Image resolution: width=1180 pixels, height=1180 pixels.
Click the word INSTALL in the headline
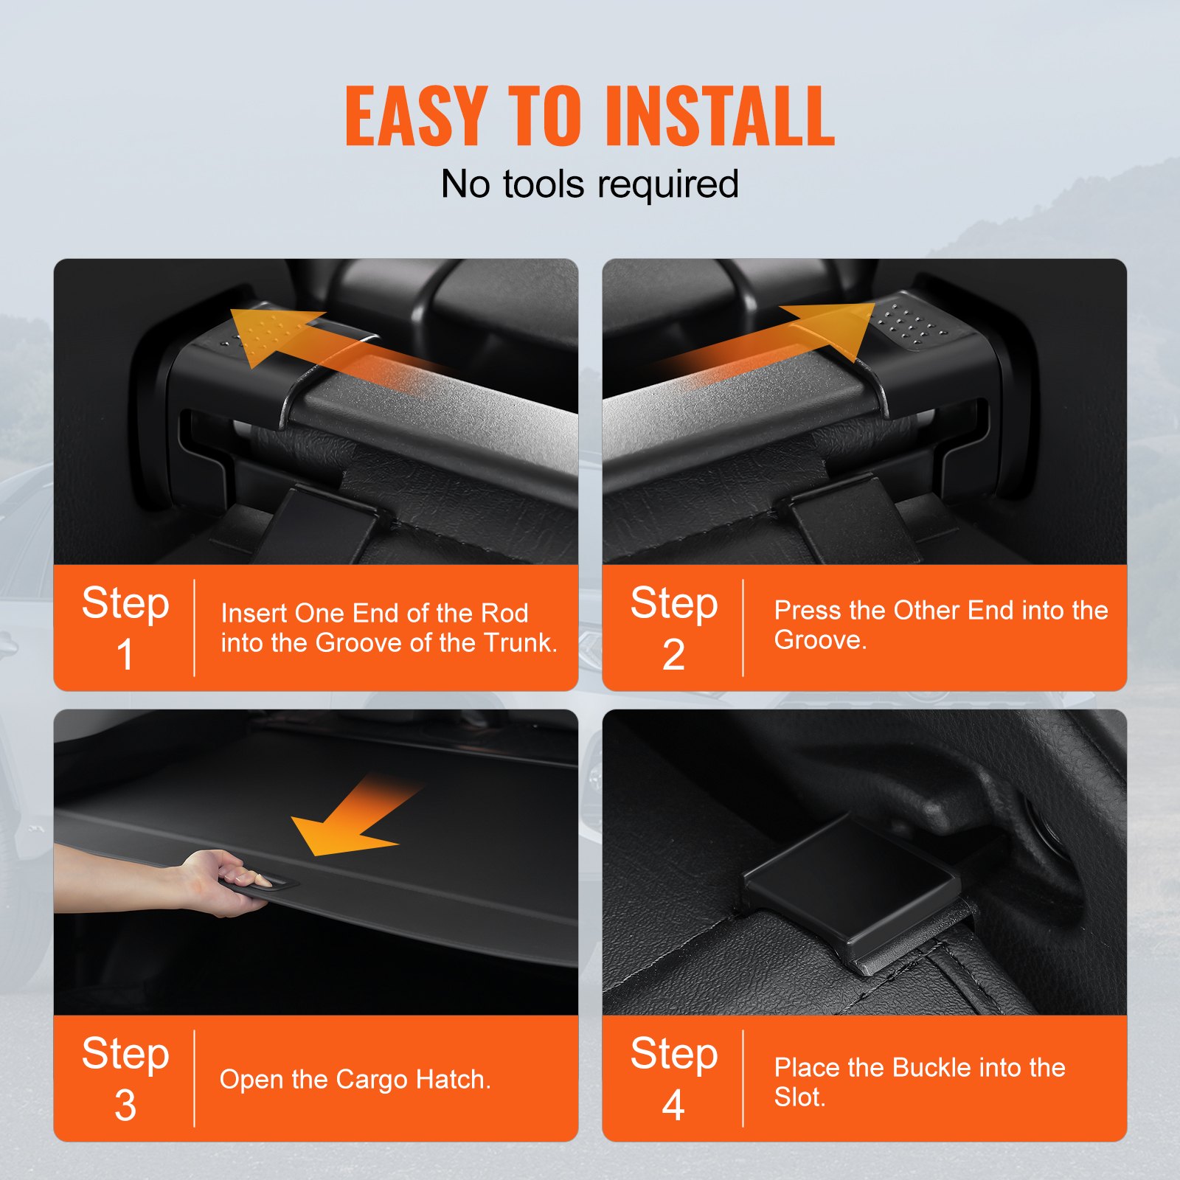click(x=719, y=117)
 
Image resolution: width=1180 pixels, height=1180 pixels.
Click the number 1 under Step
click(x=125, y=654)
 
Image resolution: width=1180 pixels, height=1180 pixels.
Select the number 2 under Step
click(x=673, y=654)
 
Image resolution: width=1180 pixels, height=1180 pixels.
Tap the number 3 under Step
click(x=125, y=1105)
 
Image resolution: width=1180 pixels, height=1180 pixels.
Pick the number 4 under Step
click(x=673, y=1105)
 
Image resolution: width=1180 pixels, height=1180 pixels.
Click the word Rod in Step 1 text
click(x=504, y=613)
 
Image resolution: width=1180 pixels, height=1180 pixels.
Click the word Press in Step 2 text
click(x=808, y=610)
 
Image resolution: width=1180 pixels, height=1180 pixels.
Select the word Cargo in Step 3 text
click(x=372, y=1079)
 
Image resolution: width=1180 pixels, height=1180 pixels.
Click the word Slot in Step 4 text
click(x=797, y=1097)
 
